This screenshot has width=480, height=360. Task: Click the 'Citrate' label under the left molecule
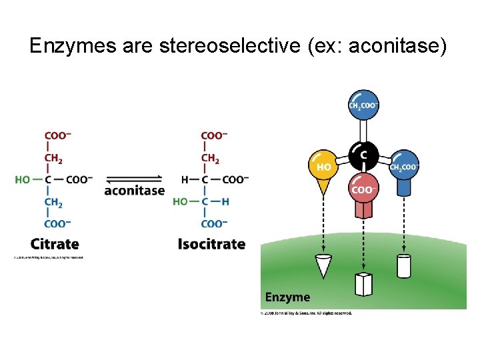[x=55, y=244]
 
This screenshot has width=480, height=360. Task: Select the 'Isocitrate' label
[x=211, y=244]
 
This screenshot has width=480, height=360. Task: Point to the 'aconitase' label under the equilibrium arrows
[x=134, y=191]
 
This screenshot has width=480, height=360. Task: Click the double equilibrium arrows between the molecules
[x=134, y=179]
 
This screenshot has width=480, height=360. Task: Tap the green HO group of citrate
[x=23, y=179]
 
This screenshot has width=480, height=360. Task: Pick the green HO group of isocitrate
[x=180, y=201]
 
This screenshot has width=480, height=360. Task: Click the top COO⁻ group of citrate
[x=57, y=135]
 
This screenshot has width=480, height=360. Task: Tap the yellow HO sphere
[x=324, y=166]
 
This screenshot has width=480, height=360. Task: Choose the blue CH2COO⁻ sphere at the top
[x=363, y=105]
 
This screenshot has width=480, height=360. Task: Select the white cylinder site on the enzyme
[x=404, y=265]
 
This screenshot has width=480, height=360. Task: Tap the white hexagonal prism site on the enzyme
[x=363, y=284]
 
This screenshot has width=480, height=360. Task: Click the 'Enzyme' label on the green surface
[x=287, y=297]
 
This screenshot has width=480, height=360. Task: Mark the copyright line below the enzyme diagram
[x=306, y=312]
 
